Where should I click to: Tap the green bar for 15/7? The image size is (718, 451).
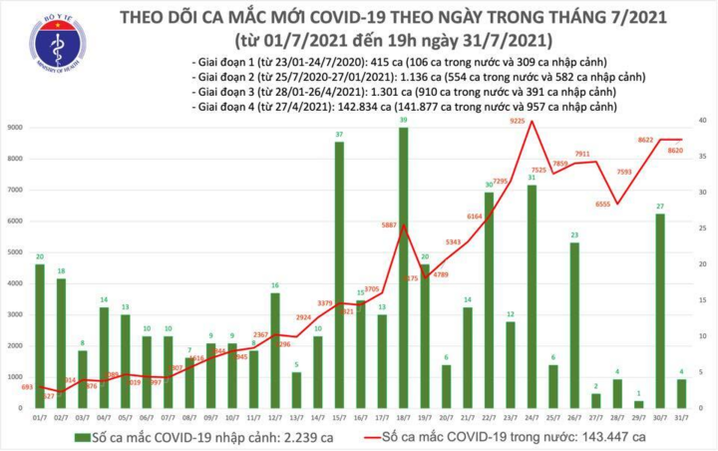pyautogui.click(x=340, y=274)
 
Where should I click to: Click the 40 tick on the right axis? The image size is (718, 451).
pyautogui.click(x=703, y=120)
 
